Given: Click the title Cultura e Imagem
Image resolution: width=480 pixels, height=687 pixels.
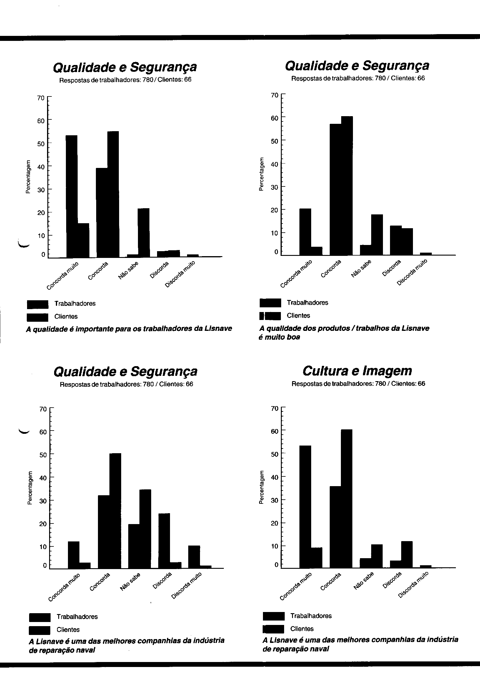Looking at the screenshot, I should (x=357, y=371).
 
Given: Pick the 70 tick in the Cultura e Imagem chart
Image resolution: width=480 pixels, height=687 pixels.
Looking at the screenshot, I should (x=274, y=408).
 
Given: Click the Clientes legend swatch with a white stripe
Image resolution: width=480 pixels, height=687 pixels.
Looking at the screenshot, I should (x=270, y=316).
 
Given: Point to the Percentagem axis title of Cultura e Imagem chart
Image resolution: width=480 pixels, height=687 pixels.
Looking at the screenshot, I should (x=261, y=488).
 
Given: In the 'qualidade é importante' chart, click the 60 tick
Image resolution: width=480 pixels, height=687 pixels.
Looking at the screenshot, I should (x=41, y=121).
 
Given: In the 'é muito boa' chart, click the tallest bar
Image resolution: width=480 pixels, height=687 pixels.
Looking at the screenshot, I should (x=347, y=186).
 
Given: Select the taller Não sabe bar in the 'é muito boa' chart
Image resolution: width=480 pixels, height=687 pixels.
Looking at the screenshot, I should (x=377, y=235).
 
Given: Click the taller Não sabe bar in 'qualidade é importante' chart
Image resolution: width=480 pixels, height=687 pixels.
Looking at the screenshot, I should (x=143, y=233).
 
